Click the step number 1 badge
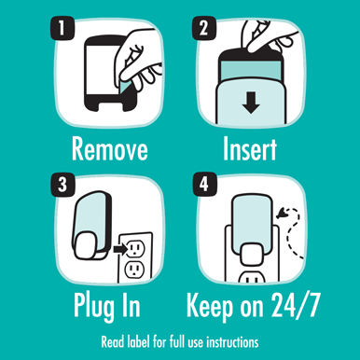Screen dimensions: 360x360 tap(62, 28)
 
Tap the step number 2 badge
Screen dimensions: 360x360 tap(204, 28)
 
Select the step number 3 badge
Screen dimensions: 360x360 tap(62, 185)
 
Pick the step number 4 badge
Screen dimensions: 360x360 tap(204, 185)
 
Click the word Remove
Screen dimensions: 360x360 tap(110, 149)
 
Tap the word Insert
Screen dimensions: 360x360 tap(250, 149)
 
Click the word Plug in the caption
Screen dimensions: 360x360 tap(93, 307)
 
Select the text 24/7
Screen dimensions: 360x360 tap(296, 305)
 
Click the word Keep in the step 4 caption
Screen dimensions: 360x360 tap(210, 307)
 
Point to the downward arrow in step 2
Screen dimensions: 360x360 tap(251, 103)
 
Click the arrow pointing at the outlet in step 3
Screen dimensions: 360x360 tap(120, 248)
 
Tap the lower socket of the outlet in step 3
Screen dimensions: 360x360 tap(134, 270)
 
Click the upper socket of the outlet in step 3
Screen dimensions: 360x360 tap(136, 248)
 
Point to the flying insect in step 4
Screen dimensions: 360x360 tap(282, 214)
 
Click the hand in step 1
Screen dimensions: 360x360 tap(140, 59)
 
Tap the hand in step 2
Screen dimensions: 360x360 tap(268, 35)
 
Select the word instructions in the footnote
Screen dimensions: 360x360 tap(232, 342)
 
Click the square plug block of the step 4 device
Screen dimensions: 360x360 tap(252, 255)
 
